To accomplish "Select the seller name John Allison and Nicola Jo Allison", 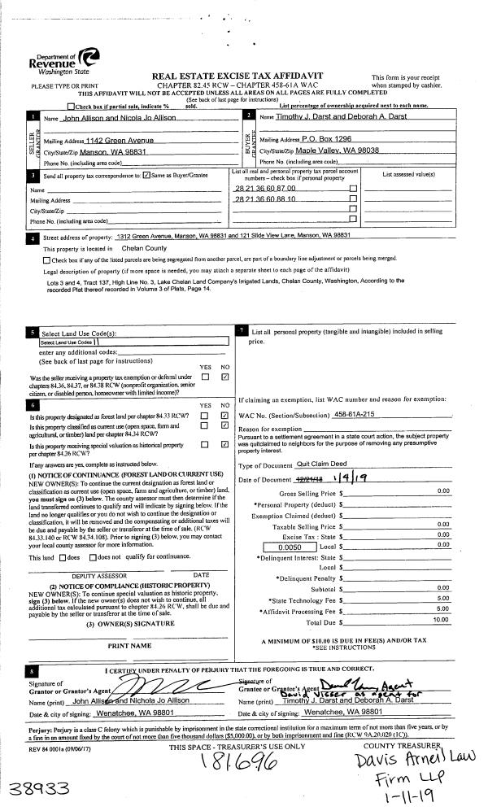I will click(x=123, y=119).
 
